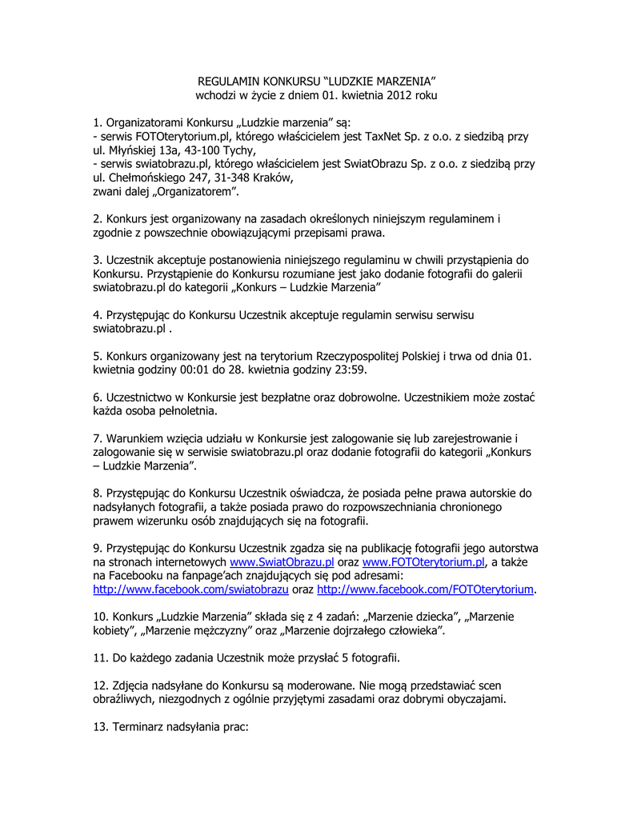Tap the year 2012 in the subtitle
pyautogui.click(x=399, y=96)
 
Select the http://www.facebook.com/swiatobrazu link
pyautogui.click(x=190, y=589)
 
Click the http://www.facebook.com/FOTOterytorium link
pyautogui.click(x=426, y=589)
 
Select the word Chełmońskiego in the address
pyautogui.click(x=146, y=178)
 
